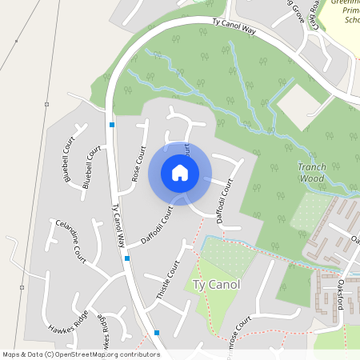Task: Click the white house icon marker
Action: tap(180, 173)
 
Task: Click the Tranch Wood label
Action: tap(311, 173)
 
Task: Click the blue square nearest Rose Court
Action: tap(112, 125)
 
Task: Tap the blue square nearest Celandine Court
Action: tap(127, 258)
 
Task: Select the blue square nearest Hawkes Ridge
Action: tap(157, 332)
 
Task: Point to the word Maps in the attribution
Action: tap(11, 354)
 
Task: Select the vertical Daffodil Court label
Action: tap(226, 200)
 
